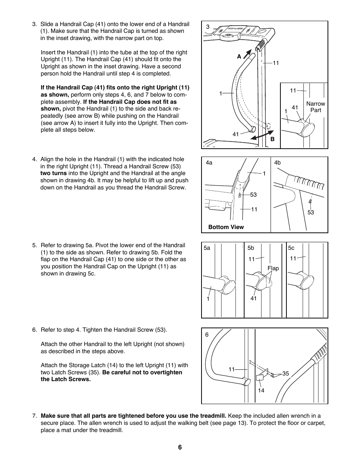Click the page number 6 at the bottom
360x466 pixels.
pyautogui.click(x=180, y=447)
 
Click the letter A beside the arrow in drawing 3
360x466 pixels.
pyautogui.click(x=239, y=57)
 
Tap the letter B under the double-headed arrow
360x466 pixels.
pyautogui.click(x=272, y=139)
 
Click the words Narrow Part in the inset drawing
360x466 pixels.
pyautogui.click(x=315, y=107)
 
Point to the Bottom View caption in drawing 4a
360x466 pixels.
pyautogui.click(x=226, y=227)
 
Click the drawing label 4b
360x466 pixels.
pyautogui.click(x=277, y=163)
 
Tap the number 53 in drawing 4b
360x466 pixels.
pyautogui.click(x=311, y=212)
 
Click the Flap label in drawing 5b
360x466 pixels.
pyautogui.click(x=273, y=268)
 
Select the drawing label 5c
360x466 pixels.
pyautogui.click(x=291, y=248)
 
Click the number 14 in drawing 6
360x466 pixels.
pyautogui.click(x=261, y=391)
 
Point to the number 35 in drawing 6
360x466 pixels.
pyautogui.click(x=285, y=374)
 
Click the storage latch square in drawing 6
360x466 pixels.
pyautogui.click(x=260, y=378)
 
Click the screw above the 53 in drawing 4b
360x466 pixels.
pyautogui.click(x=310, y=202)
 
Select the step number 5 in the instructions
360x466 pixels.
pyautogui.click(x=34, y=245)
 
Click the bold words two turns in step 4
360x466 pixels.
pyautogui.click(x=54, y=173)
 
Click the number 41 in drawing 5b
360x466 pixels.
pyautogui.click(x=254, y=298)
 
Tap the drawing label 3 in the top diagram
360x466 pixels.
pyautogui.click(x=208, y=27)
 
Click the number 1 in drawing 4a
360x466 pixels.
pyautogui.click(x=264, y=173)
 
